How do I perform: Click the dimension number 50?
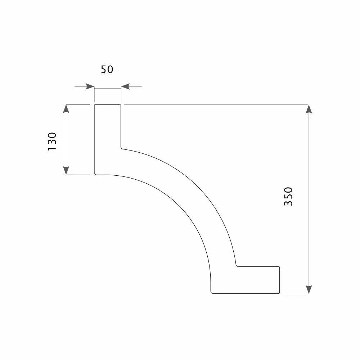107,69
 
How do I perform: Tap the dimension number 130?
52,141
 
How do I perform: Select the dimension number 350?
289,197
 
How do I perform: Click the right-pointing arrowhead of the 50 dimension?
90,86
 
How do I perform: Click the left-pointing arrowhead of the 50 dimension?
126,86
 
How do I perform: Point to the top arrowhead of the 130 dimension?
66,109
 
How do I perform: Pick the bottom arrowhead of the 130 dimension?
66,170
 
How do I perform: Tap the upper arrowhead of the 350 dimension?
309,109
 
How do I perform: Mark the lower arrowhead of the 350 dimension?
309,289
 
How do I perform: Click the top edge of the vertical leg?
107,105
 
